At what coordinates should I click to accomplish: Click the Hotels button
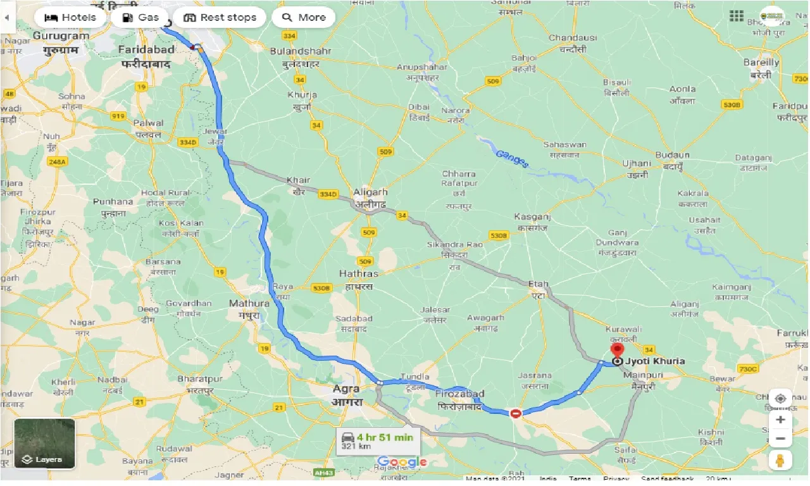pyautogui.click(x=70, y=17)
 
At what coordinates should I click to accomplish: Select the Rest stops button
pyautogui.click(x=220, y=17)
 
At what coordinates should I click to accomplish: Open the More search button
pyautogui.click(x=303, y=17)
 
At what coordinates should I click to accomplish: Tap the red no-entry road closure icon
pyautogui.click(x=516, y=413)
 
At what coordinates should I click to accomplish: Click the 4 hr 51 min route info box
pyautogui.click(x=377, y=440)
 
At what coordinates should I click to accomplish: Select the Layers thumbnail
pyautogui.click(x=44, y=444)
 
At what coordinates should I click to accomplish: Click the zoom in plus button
pyautogui.click(x=781, y=420)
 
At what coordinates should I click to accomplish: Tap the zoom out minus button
pyautogui.click(x=781, y=439)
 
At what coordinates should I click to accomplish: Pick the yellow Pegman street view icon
pyautogui.click(x=781, y=461)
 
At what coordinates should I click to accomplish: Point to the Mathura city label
pyautogui.click(x=249, y=303)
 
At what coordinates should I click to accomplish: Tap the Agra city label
pyautogui.click(x=346, y=389)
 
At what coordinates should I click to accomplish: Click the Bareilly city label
pyautogui.click(x=761, y=63)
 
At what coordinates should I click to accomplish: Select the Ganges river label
pyautogui.click(x=511, y=158)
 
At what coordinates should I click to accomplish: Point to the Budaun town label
pyautogui.click(x=673, y=155)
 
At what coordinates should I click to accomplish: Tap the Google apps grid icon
pyautogui.click(x=736, y=16)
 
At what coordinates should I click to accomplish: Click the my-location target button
pyautogui.click(x=781, y=399)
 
